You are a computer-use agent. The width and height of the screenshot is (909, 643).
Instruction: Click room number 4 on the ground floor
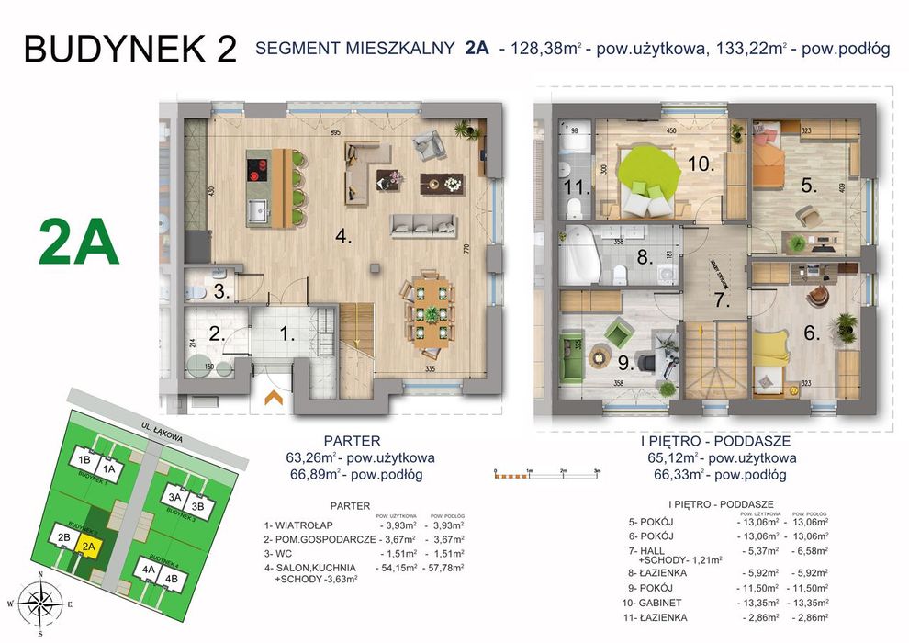pyautogui.click(x=342, y=236)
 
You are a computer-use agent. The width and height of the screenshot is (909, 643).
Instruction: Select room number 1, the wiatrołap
pyautogui.click(x=287, y=335)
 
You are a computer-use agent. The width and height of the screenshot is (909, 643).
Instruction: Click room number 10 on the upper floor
pyautogui.click(x=701, y=164)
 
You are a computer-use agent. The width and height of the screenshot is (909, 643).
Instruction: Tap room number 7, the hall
pyautogui.click(x=722, y=299)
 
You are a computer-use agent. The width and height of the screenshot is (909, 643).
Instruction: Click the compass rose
pyautogui.click(x=39, y=603)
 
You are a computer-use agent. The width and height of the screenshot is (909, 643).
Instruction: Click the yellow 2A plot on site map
pyautogui.click(x=88, y=548)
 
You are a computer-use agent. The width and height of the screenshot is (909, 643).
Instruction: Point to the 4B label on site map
pyautogui.click(x=171, y=579)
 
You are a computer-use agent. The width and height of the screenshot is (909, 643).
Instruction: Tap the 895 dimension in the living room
pyautogui.click(x=335, y=133)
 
